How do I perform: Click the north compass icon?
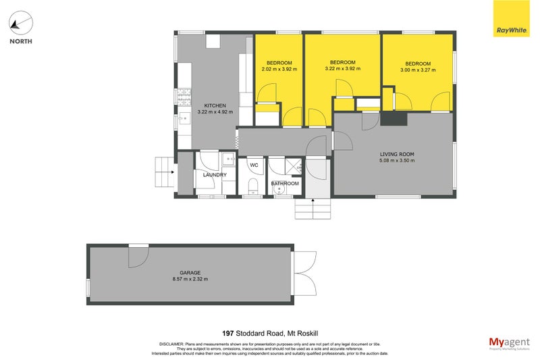(20, 24)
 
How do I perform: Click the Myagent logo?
(508, 342)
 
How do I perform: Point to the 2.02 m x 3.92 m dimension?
(279, 69)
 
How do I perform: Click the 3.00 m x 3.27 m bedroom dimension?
(418, 70)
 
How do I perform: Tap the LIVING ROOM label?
(396, 154)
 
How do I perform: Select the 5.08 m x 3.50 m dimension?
(396, 161)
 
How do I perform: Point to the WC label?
(254, 165)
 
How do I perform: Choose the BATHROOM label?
(284, 183)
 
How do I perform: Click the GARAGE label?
(190, 272)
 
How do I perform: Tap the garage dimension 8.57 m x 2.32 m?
(190, 279)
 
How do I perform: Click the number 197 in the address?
(229, 333)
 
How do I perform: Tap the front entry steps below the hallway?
(313, 209)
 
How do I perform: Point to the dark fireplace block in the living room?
(394, 118)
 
